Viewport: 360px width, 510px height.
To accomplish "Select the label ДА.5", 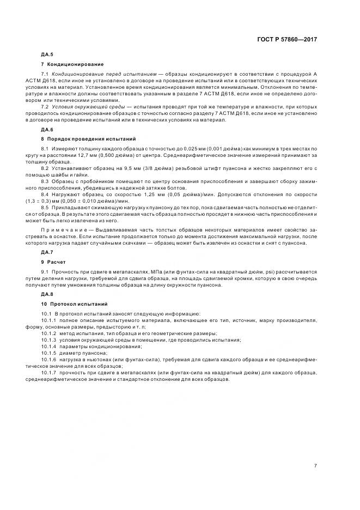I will coord(47,54).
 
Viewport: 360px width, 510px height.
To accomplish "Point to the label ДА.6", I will coord(47,130).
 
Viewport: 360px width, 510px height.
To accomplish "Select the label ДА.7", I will coord(47,252).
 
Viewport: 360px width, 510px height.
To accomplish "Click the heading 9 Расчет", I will coord(53,262).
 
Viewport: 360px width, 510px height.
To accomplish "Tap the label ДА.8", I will coord(47,294).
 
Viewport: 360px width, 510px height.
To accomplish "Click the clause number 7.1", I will coord(45,73).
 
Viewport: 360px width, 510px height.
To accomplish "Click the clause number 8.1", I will coord(45,149).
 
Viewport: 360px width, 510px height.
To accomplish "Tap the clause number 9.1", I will coord(45,271).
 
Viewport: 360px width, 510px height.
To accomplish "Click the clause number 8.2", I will coord(45,168).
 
